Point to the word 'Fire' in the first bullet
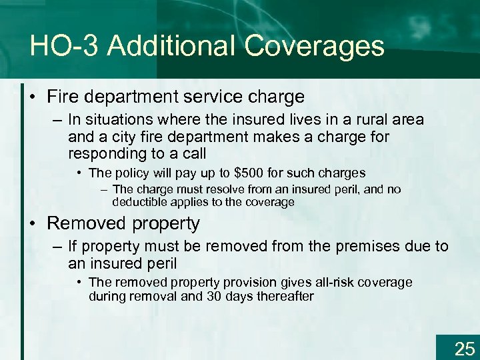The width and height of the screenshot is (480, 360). (x=61, y=97)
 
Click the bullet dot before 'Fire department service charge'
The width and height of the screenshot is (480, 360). (x=35, y=97)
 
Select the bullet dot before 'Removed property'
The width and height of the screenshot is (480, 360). (x=35, y=223)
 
